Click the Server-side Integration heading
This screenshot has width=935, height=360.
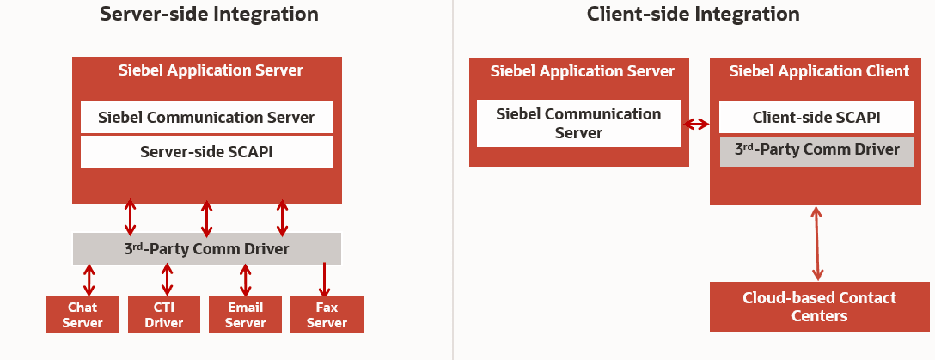coord(209,15)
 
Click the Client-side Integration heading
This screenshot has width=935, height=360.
coord(693,15)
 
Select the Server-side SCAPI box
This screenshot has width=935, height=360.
coord(206,152)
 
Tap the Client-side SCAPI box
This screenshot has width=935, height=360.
coord(816,118)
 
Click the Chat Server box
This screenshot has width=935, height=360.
coord(82,314)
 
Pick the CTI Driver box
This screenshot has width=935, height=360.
coord(163,314)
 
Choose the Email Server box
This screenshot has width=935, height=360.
coord(245,314)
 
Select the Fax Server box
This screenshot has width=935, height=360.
coord(327,314)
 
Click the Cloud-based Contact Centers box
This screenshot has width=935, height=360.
coord(819,307)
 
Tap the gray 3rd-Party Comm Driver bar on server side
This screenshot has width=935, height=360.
coord(206,249)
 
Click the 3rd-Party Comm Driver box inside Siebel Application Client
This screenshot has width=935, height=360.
coord(816,150)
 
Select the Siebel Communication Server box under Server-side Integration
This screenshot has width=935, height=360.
coord(206,118)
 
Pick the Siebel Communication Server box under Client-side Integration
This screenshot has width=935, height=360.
coord(578,123)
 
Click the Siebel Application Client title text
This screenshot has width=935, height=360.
coord(819,71)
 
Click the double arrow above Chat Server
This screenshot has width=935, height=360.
coord(89,280)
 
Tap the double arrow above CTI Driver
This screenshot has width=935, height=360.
coord(167,280)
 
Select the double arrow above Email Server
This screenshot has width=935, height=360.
coord(246,280)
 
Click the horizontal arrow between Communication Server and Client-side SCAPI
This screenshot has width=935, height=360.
coord(696,124)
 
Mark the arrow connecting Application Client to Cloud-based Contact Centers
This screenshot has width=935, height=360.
coord(817,243)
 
